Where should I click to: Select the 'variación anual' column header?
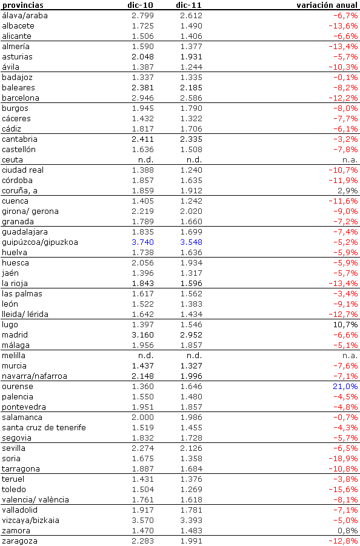[327, 5]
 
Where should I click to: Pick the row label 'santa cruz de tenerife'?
[44, 427]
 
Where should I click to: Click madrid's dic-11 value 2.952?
[191, 335]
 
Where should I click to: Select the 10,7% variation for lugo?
[345, 324]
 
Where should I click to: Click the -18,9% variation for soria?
[343, 458]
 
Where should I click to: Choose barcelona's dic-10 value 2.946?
[142, 98]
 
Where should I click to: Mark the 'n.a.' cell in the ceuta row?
[350, 159]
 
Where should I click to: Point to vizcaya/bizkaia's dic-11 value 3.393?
[191, 520]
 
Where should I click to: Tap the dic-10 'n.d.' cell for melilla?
[145, 355]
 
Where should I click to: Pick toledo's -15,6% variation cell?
[343, 489]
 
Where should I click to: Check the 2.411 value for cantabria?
[142, 139]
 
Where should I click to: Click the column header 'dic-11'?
[188, 5]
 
